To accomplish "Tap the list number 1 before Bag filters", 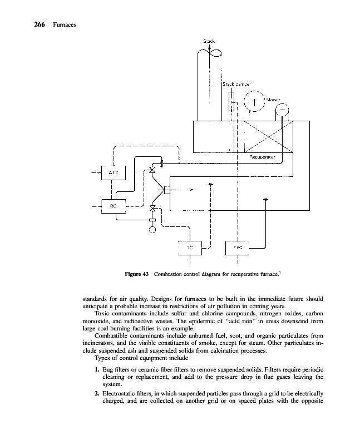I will pos(98,370).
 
